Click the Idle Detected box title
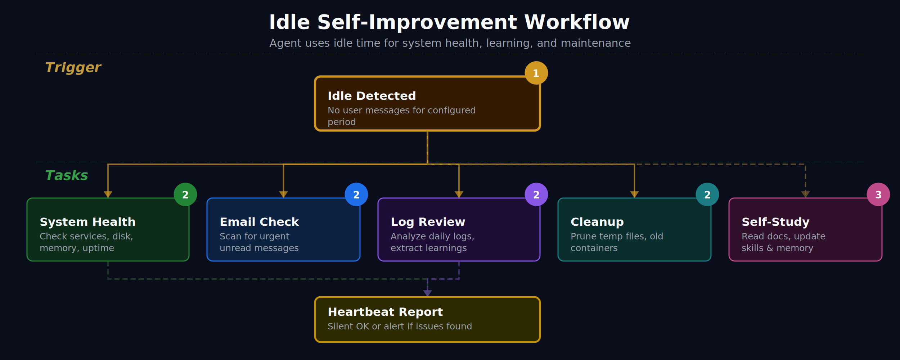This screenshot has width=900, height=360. click(372, 96)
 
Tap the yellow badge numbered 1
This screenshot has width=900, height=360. click(536, 73)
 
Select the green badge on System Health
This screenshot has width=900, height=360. click(185, 194)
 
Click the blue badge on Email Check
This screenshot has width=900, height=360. click(356, 194)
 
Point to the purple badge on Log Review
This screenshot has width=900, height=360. click(536, 194)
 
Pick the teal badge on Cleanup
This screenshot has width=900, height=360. click(707, 194)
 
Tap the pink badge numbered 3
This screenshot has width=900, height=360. click(878, 194)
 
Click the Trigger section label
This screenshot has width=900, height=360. click(73, 67)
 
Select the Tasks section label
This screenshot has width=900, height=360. click(66, 175)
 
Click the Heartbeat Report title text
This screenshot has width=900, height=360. click(385, 312)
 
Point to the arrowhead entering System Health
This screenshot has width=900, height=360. click(108, 194)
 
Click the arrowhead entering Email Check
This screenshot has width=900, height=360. click(283, 194)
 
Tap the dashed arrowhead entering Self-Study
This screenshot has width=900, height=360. click(805, 194)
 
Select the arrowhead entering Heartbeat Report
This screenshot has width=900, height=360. click(427, 293)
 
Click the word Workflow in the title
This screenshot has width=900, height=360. click(577, 22)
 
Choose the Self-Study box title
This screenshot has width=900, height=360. click(775, 222)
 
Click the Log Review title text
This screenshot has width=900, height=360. click(428, 222)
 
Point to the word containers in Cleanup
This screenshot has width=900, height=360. click(594, 248)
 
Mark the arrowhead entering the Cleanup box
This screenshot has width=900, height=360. click(634, 194)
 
